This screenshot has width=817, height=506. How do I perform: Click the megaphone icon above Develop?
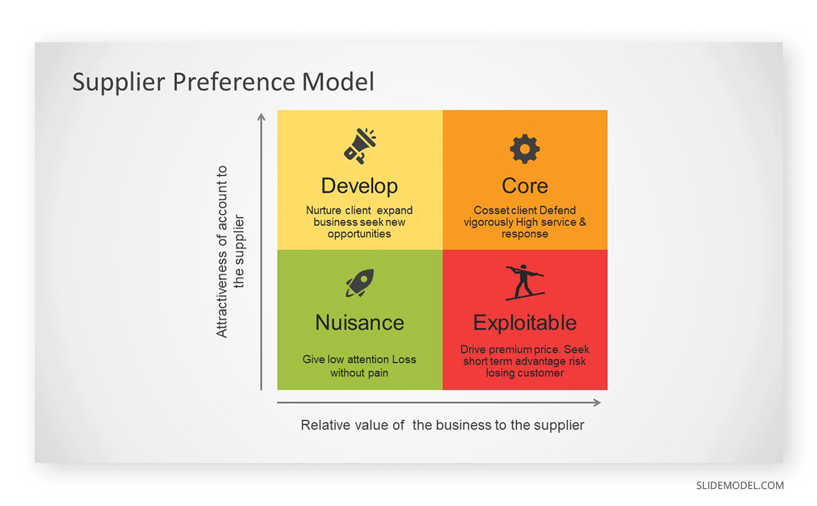point(360,146)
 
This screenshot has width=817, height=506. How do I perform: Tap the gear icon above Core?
point(524,149)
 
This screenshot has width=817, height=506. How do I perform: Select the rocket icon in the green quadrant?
point(359,283)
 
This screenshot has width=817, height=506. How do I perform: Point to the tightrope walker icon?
point(525,283)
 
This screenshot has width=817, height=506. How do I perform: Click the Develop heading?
point(359,186)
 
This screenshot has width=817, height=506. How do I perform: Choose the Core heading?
point(525,186)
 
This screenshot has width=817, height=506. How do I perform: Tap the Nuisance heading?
point(359,323)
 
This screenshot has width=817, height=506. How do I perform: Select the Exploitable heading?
point(525,323)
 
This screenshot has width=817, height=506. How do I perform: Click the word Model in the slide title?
point(338,81)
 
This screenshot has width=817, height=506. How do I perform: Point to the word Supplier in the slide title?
point(118,82)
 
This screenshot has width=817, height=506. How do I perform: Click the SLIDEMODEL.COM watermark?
point(739,486)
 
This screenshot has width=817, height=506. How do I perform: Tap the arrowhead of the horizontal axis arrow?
point(597,402)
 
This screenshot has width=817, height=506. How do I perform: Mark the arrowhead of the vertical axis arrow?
point(261,116)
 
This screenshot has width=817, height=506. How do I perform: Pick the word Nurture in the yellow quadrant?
point(323,210)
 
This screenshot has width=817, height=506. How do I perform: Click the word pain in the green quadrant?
point(379,373)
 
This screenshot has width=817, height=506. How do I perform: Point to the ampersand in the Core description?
point(583,222)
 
